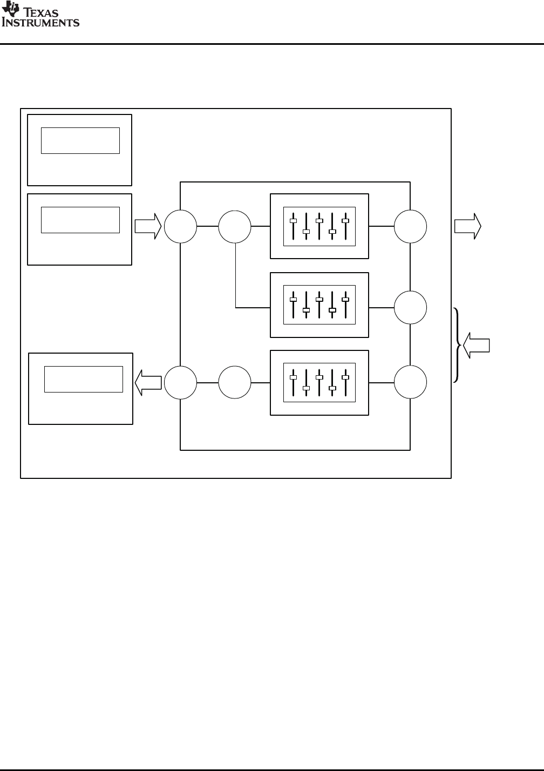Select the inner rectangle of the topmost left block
80,141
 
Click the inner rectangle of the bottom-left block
83,379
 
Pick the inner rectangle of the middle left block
80,220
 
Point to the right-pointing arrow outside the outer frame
467,226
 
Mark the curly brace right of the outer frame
458,345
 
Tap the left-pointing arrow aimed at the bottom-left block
148,382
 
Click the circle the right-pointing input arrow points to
180,226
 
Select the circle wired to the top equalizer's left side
235,226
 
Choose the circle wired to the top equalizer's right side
410,226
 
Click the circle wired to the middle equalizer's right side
410,308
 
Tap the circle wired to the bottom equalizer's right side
410,382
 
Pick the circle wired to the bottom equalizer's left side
235,382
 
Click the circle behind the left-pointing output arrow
180,382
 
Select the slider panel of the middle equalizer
319,305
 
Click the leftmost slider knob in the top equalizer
293,221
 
